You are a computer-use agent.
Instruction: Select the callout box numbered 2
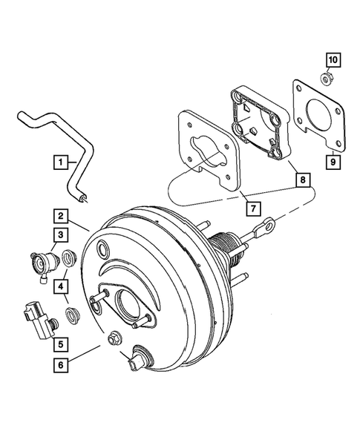point(59,216)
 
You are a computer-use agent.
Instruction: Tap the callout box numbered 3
point(59,236)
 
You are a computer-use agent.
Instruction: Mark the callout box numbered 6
point(59,364)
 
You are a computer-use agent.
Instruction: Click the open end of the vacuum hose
point(87,196)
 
